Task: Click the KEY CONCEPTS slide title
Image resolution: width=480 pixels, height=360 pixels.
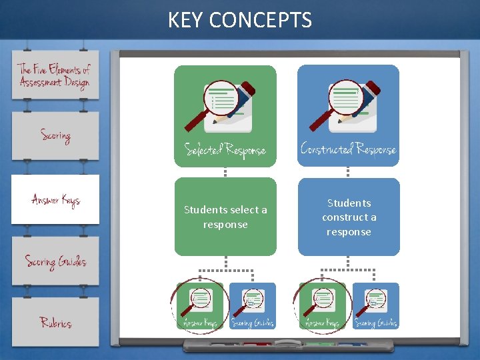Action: (239, 20)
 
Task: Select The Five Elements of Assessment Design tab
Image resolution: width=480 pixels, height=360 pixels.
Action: (55, 75)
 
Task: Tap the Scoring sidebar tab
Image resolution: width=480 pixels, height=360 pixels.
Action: (55, 135)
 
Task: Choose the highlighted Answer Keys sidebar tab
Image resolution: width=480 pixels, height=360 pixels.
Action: (55, 199)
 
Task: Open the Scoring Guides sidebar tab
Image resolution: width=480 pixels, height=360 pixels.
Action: (55, 261)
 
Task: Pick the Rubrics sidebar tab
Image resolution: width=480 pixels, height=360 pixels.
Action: (55, 323)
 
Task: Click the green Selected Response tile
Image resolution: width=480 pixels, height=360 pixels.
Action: (225, 115)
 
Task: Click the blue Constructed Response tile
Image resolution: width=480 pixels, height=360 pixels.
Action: (348, 115)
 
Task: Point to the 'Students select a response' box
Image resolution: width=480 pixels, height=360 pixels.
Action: (225, 217)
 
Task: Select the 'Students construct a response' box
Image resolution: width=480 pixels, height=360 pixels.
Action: (349, 217)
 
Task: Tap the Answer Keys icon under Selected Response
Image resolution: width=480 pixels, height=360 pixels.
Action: (201, 306)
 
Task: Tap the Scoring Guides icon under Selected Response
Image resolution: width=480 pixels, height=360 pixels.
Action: (252, 306)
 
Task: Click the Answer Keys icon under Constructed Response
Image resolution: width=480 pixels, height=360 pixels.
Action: (323, 306)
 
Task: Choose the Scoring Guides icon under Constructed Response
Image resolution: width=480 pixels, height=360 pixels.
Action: (375, 306)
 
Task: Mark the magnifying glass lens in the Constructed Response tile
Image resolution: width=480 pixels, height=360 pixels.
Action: (345, 97)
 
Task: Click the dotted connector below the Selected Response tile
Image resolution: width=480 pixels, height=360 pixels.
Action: (225, 172)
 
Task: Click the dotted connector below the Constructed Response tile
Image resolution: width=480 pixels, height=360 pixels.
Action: (348, 172)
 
